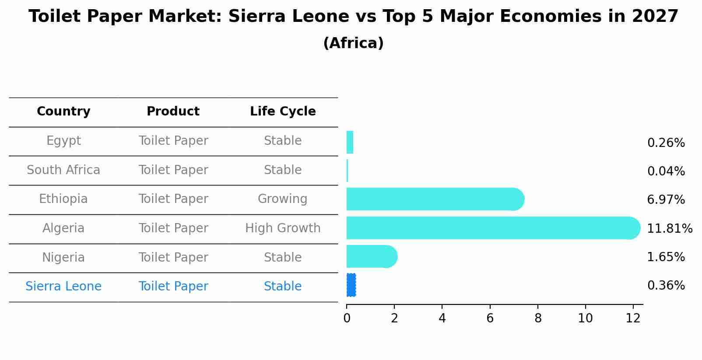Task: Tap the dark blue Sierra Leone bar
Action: [351, 285]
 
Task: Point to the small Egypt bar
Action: [350, 142]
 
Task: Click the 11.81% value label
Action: [669, 229]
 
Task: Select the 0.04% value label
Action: [666, 171]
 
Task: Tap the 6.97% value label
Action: [666, 200]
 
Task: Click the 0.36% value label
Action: [666, 286]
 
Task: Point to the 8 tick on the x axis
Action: [537, 318]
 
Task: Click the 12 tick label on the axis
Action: [633, 318]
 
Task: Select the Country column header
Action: [63, 112]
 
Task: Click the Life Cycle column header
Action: [283, 112]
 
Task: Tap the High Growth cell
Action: [283, 228]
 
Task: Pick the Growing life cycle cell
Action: [282, 199]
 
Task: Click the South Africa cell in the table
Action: [63, 170]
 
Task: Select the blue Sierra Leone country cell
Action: [63, 287]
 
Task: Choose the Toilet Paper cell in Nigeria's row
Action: [173, 258]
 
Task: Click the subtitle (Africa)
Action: [353, 43]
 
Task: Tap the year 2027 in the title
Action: [655, 17]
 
